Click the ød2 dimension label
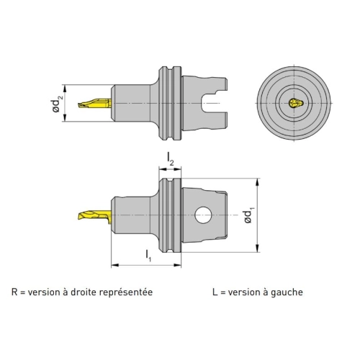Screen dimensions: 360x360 pyautogui.click(x=58, y=103)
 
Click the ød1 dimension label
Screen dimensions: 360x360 pyautogui.click(x=248, y=217)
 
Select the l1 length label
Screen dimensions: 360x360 pyautogui.click(x=148, y=256)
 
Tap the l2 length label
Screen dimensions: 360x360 pyautogui.click(x=170, y=159)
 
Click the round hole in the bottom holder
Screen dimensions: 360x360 pyautogui.click(x=204, y=215)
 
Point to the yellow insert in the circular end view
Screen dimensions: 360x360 pyautogui.click(x=296, y=103)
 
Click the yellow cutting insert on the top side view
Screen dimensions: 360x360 pyautogui.click(x=94, y=103)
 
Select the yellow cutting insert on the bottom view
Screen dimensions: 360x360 pyautogui.click(x=94, y=215)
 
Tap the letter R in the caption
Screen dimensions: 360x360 pyautogui.click(x=14, y=292)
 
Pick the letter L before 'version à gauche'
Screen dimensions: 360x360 pyautogui.click(x=215, y=292)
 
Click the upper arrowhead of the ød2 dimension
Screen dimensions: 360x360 pyautogui.click(x=64, y=88)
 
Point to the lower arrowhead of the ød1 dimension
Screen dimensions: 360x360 pyautogui.click(x=257, y=248)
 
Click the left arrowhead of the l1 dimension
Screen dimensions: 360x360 pyautogui.click(x=115, y=265)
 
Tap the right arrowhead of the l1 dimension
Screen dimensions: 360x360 pyautogui.click(x=177, y=265)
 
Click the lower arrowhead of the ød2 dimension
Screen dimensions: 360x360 pyautogui.click(x=64, y=118)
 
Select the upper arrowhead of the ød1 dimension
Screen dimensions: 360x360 pyautogui.click(x=257, y=182)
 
